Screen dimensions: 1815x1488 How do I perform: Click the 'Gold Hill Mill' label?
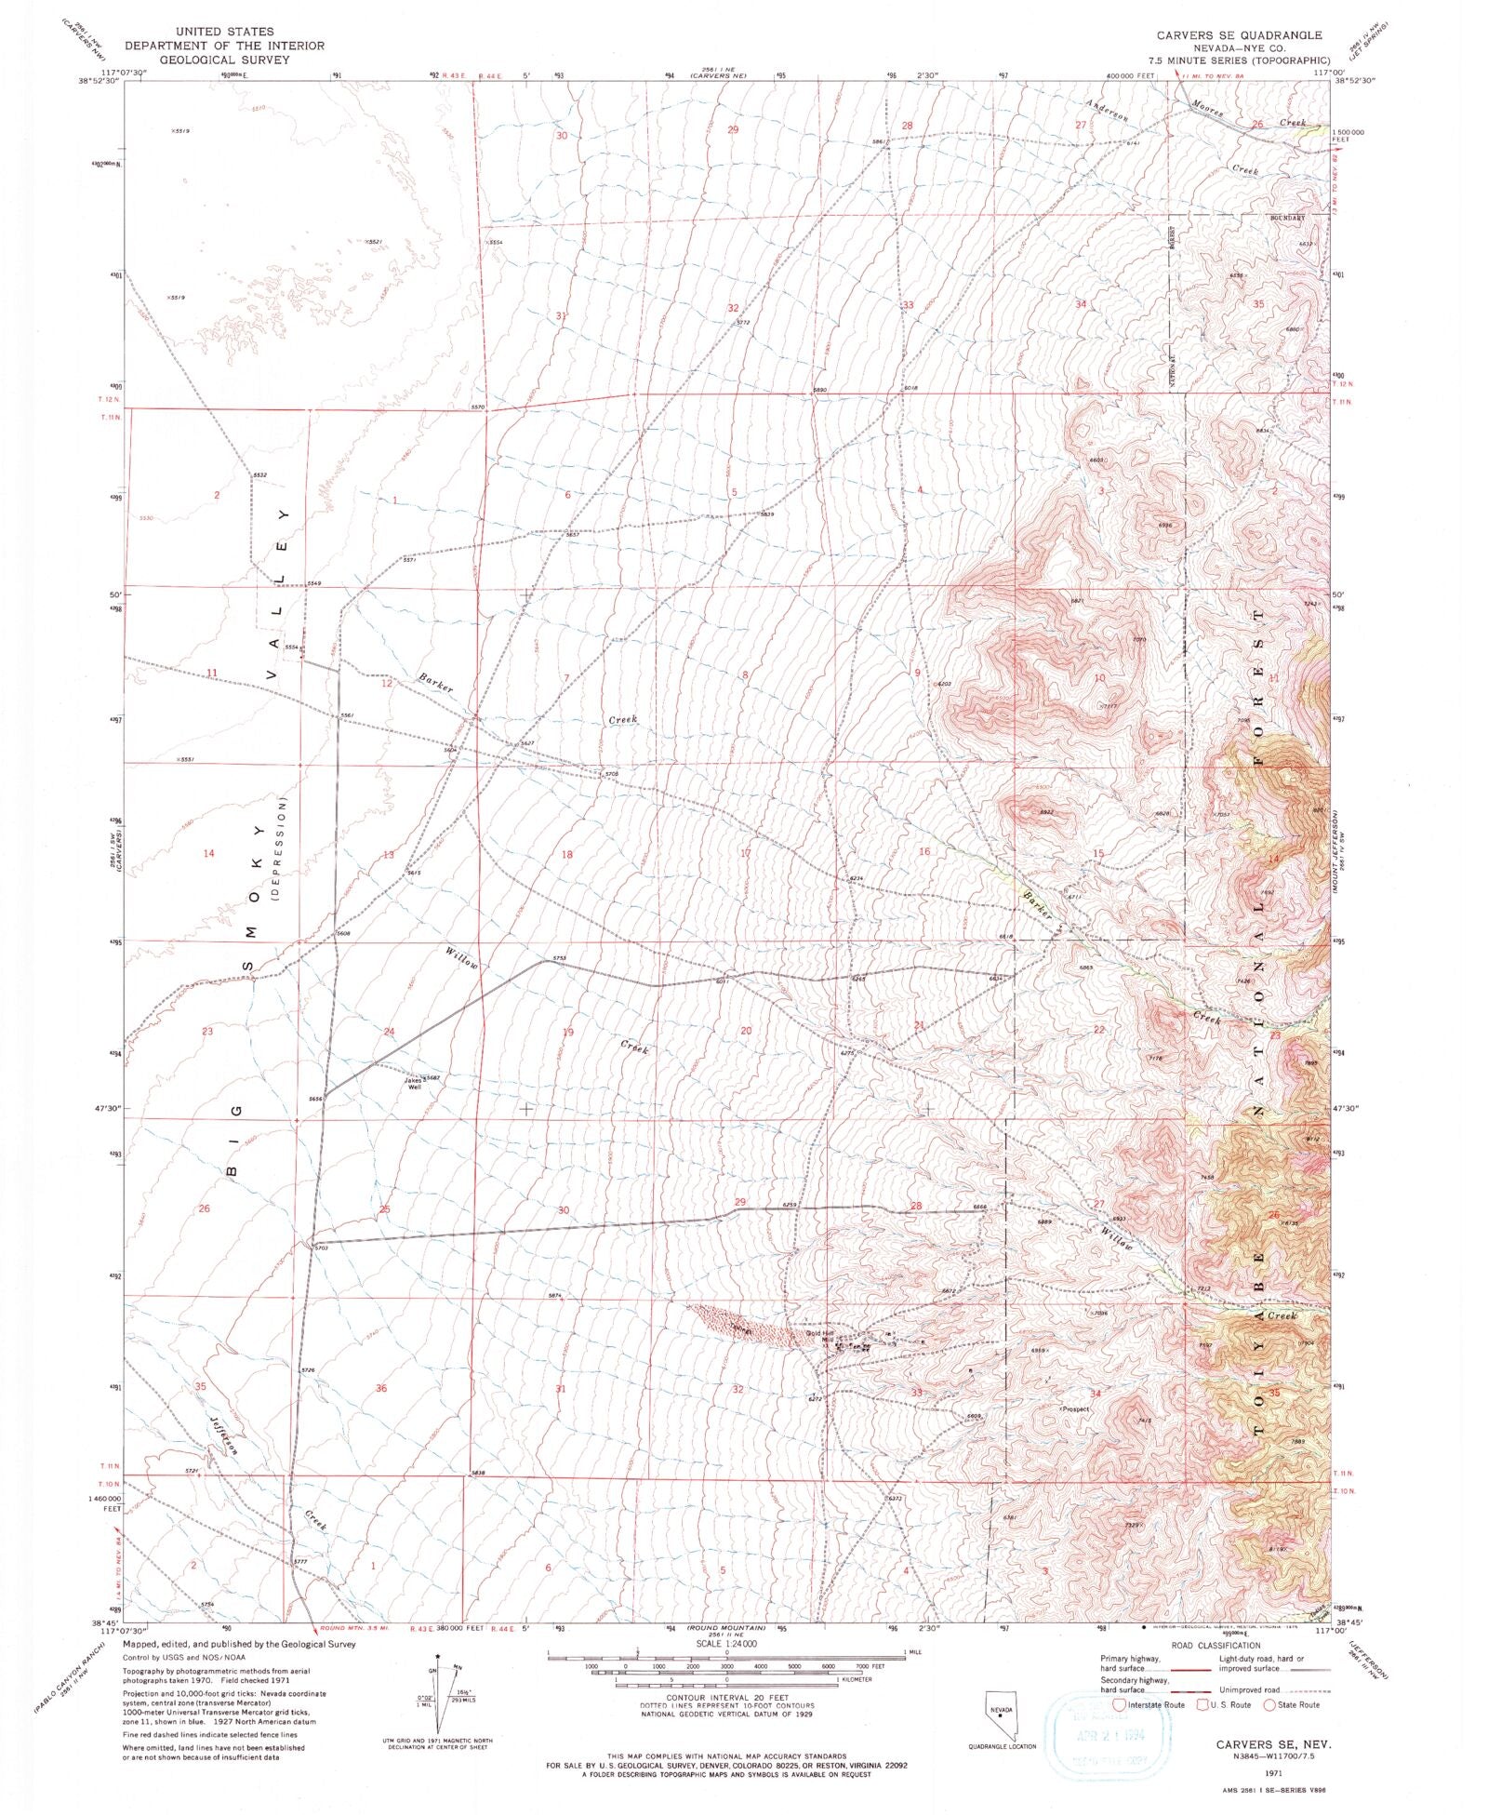click(820, 1338)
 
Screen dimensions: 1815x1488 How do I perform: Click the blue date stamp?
click(1108, 1737)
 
